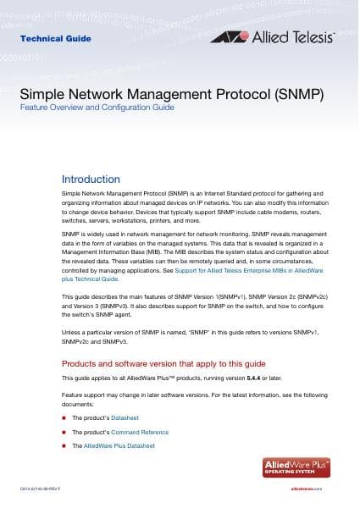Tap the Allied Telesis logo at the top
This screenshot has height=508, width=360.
pyautogui.click(x=274, y=37)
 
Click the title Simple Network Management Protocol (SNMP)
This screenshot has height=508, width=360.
pyautogui.click(x=172, y=95)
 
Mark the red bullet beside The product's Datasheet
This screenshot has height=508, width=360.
pyautogui.click(x=64, y=418)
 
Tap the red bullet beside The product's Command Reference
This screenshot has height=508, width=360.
pyautogui.click(x=64, y=432)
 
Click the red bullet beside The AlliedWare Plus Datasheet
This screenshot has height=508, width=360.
pyautogui.click(x=64, y=445)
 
